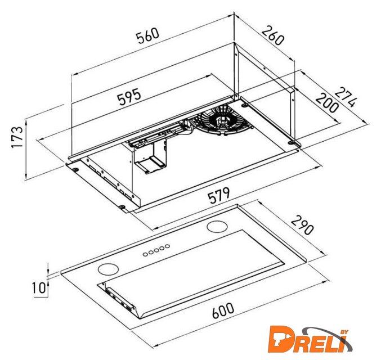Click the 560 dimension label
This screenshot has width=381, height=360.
tap(147, 35)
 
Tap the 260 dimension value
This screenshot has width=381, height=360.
tap(272, 35)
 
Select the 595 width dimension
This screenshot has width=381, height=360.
tap(129, 97)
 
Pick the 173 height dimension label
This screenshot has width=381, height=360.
tap(17, 137)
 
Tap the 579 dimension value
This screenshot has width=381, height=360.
tap(219, 195)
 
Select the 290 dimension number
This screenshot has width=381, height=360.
tap(302, 226)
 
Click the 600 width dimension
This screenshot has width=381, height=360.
tap(223, 310)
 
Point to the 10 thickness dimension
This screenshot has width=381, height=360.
tap(39, 287)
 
